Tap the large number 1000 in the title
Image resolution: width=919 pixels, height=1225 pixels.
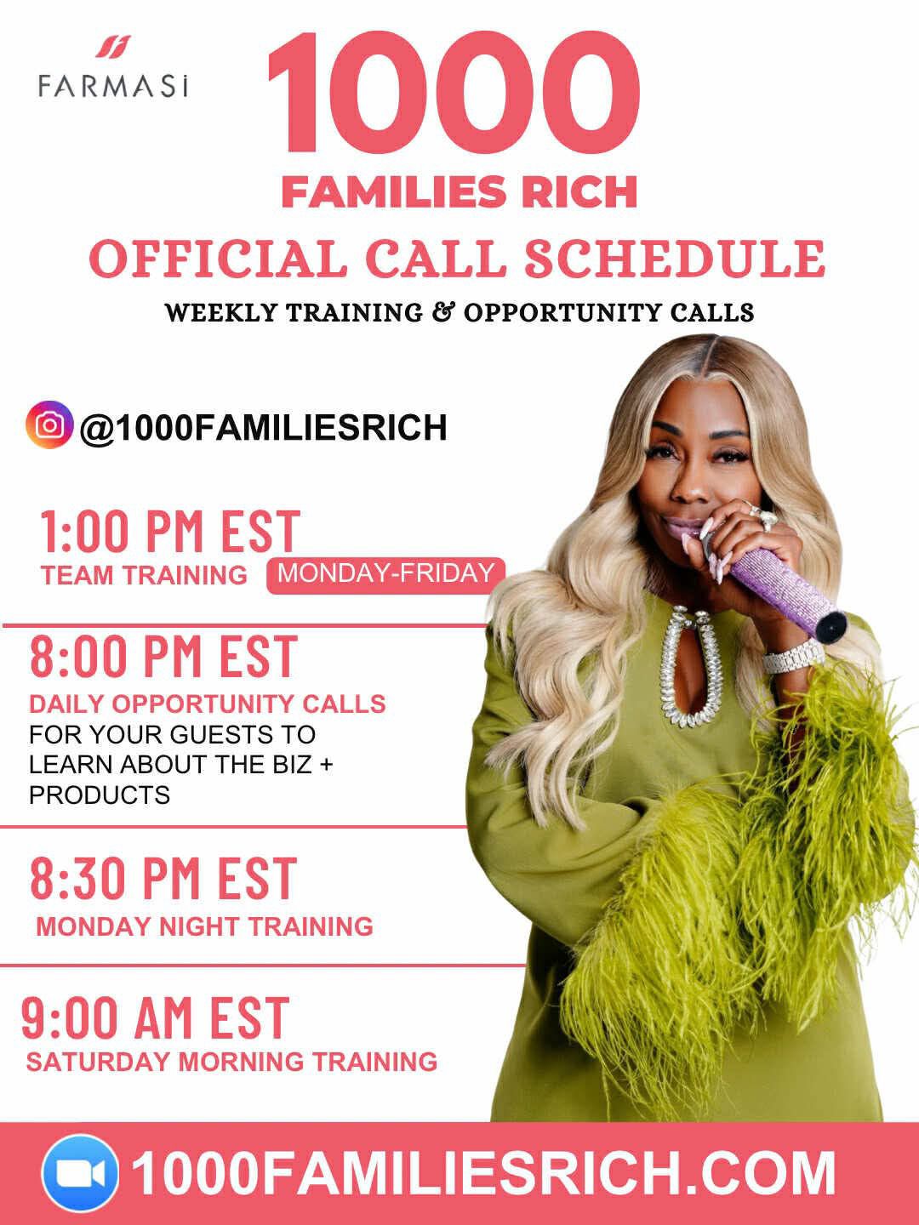[453, 94]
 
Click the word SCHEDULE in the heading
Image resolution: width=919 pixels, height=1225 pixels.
[674, 259]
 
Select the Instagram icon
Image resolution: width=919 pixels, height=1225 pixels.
[49, 424]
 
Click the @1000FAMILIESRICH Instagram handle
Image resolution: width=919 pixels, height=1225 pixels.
[263, 427]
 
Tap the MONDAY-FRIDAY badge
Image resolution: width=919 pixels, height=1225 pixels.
[385, 573]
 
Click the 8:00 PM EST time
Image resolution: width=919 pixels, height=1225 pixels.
[163, 657]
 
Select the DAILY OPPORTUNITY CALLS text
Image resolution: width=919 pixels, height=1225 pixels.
[207, 704]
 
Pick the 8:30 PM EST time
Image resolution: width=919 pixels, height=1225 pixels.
[163, 879]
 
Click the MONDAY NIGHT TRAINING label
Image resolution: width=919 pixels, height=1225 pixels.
[204, 926]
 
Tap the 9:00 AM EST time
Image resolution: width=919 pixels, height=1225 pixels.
[156, 1018]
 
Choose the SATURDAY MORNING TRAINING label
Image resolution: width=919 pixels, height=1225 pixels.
[231, 1062]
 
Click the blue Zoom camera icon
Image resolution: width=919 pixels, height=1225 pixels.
[80, 1174]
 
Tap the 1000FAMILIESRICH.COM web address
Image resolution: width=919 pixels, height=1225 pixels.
[483, 1174]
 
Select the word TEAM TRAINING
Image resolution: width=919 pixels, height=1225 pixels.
[144, 575]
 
